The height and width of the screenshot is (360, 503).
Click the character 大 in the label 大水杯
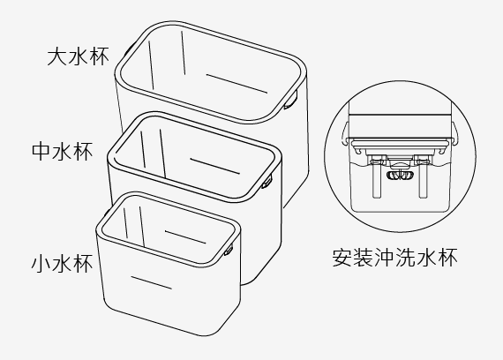coord(57,56)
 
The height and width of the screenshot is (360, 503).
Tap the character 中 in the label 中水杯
coord(41,151)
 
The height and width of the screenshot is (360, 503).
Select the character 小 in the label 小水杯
coord(41,264)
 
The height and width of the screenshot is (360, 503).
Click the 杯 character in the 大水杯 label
coord(99,56)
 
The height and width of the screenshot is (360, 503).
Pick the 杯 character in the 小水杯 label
coord(82,264)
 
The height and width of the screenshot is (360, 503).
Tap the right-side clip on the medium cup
coord(267,182)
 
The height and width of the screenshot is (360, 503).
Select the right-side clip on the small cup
coord(229,250)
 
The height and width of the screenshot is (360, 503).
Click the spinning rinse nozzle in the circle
coord(399,176)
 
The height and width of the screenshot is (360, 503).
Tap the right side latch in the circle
coord(454,133)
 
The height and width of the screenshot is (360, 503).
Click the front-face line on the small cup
coord(151,282)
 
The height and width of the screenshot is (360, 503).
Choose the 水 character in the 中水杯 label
coord(63,151)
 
